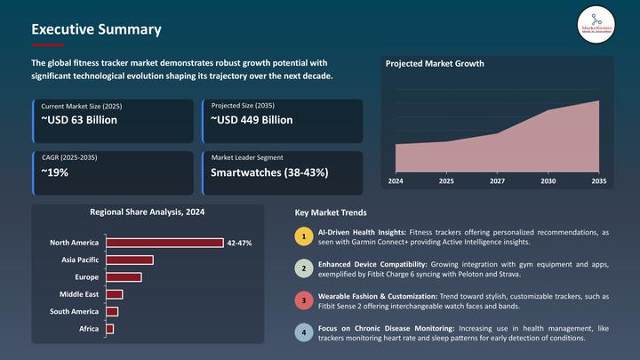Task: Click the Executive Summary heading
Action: (x=96, y=29)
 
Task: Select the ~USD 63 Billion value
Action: (x=79, y=120)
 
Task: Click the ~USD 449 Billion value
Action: (x=252, y=120)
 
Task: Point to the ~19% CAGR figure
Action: (x=55, y=172)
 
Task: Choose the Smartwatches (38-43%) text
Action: (x=269, y=172)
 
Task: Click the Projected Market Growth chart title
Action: (x=435, y=64)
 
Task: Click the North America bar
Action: (x=164, y=243)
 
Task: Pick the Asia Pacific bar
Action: (x=130, y=260)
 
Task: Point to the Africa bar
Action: (x=109, y=329)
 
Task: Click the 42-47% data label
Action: (x=239, y=243)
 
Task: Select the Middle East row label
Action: (x=79, y=294)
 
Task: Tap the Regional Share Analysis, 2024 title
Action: (x=147, y=212)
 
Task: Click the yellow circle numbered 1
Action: (x=304, y=236)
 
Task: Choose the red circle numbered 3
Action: (x=304, y=301)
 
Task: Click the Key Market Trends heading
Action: (x=330, y=213)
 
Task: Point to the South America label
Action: (x=74, y=311)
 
